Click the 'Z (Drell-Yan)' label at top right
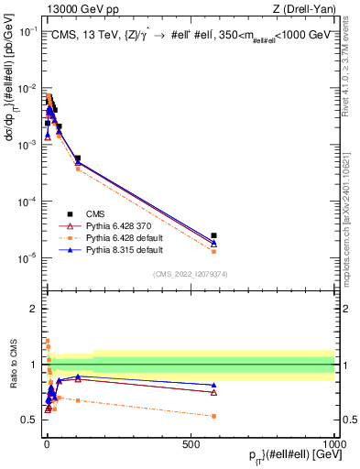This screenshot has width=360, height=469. pyautogui.click(x=301, y=8)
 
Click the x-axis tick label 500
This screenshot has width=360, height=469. pyautogui.click(x=190, y=444)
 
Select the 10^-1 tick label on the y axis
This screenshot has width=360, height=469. pyautogui.click(x=29, y=31)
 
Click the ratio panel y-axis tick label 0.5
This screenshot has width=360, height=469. pyautogui.click(x=30, y=420)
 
